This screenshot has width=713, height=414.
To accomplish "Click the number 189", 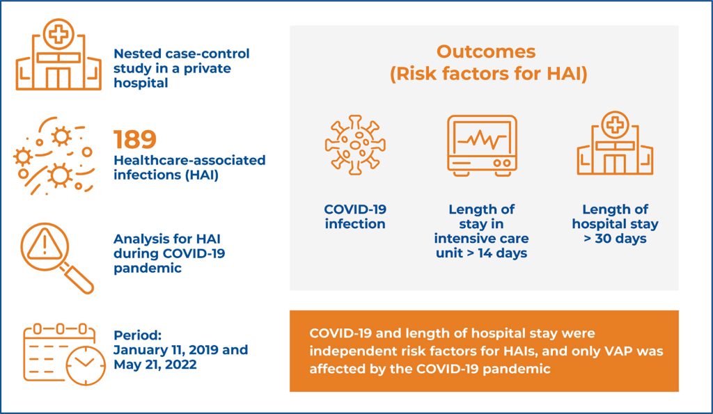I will pyautogui.click(x=135, y=140).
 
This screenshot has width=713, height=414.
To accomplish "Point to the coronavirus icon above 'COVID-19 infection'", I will pyautogui.click(x=355, y=145).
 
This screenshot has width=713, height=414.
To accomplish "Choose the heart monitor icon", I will pyautogui.click(x=481, y=144).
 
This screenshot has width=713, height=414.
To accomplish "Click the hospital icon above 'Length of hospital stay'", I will pyautogui.click(x=615, y=145).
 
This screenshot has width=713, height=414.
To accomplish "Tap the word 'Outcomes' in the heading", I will pyautogui.click(x=486, y=51).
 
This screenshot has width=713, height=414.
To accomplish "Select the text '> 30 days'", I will pyautogui.click(x=615, y=239).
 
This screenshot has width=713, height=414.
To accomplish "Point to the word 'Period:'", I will pyautogui.click(x=137, y=335).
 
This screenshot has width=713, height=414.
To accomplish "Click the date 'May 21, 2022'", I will pyautogui.click(x=155, y=365).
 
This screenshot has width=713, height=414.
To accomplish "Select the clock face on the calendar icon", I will pyautogui.click(x=86, y=363).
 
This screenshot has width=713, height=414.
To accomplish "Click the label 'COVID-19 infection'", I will pyautogui.click(x=355, y=216).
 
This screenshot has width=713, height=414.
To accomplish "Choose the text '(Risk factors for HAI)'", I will pyautogui.click(x=488, y=74).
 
